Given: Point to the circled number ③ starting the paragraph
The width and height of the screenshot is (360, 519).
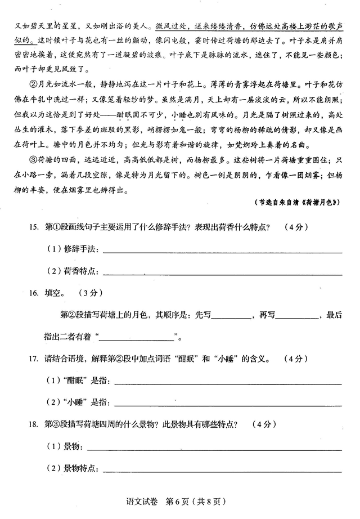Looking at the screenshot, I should (30, 156).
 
